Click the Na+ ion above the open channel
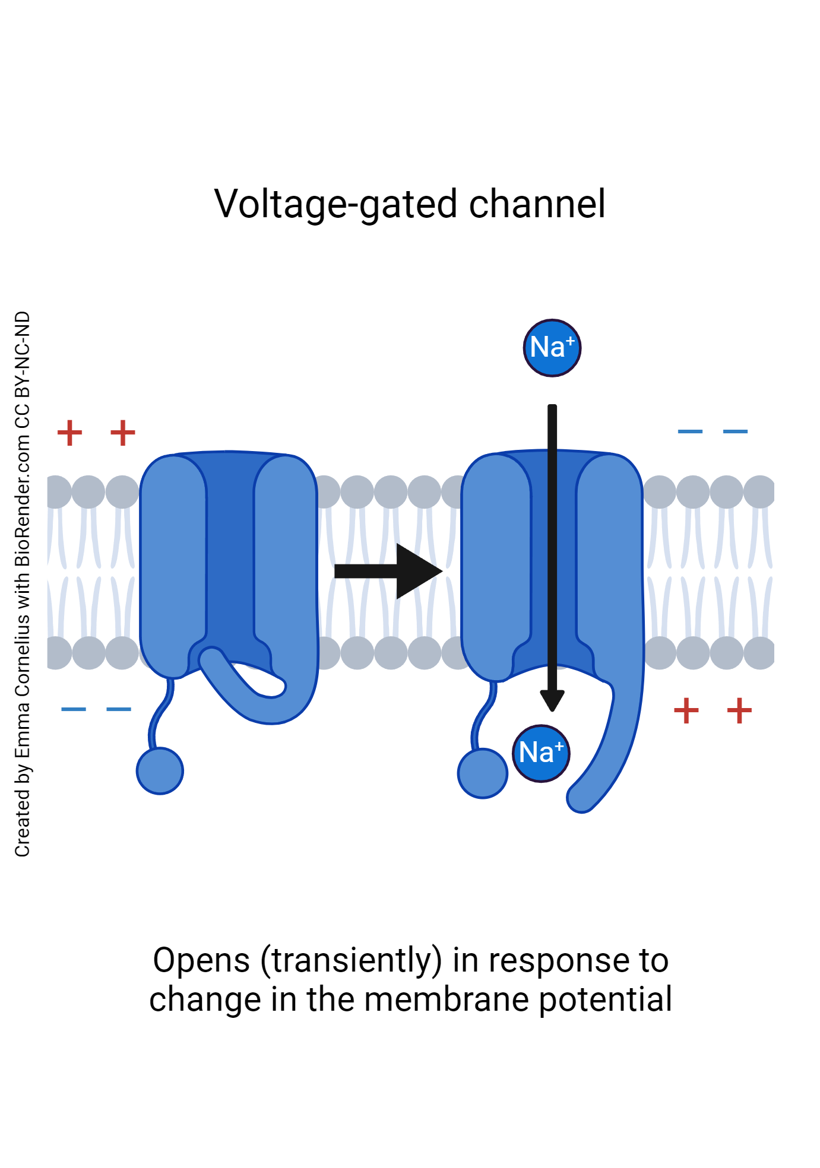552,348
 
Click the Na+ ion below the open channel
541,753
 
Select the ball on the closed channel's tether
160,771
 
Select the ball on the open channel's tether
482,773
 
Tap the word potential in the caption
606,999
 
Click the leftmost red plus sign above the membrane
69,433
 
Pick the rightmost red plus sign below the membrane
739,710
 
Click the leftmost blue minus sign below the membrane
74,709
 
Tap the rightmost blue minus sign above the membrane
735,431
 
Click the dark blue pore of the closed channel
230,552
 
